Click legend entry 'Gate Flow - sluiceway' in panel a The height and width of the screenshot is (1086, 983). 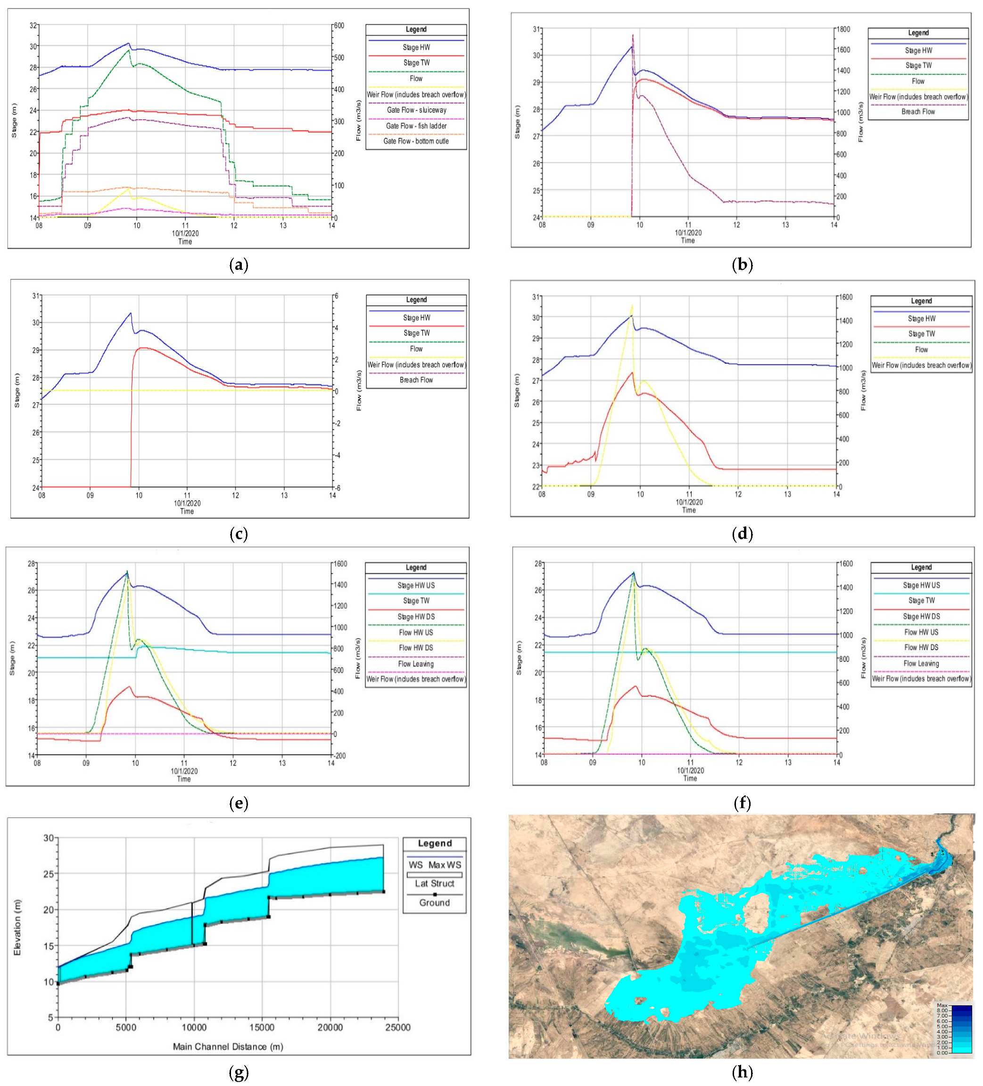[x=416, y=110]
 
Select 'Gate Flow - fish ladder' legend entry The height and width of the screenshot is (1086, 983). [x=416, y=125]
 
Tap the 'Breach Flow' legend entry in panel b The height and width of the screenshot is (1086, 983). [x=918, y=111]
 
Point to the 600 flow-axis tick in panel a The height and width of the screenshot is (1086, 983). [x=339, y=25]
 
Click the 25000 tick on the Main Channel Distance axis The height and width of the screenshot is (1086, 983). [x=397, y=1028]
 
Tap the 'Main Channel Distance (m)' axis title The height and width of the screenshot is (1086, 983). [x=228, y=1046]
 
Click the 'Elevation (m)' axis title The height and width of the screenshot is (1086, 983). [x=17, y=927]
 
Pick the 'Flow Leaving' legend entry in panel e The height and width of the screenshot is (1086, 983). [x=416, y=664]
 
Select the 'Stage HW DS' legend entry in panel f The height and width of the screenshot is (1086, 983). [x=921, y=616]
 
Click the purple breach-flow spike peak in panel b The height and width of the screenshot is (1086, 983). [x=633, y=35]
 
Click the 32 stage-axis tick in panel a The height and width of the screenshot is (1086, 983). [x=34, y=25]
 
